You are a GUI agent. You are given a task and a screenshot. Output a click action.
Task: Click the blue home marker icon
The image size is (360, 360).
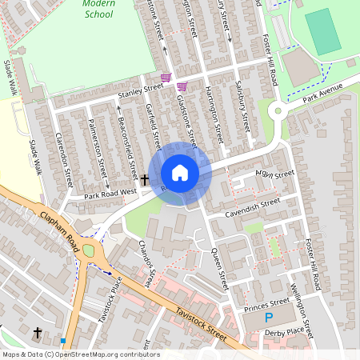180,173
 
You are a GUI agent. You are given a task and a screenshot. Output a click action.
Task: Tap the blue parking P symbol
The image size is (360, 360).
269,318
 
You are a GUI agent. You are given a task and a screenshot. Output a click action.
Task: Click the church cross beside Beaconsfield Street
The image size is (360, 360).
146,181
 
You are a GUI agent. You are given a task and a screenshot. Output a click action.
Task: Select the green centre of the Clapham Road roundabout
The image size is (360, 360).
88,251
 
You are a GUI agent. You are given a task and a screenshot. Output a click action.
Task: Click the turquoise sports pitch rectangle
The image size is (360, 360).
322,32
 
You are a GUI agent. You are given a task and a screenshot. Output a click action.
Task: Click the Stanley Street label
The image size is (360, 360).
140,92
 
